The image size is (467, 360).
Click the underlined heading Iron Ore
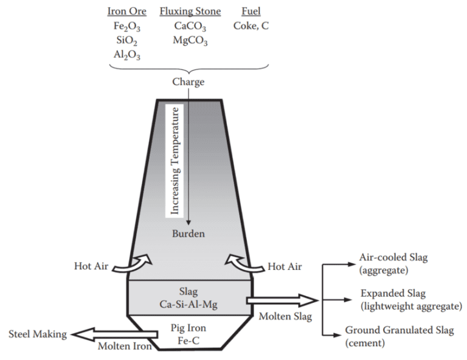tap(126, 12)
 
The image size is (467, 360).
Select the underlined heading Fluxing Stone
tap(190, 12)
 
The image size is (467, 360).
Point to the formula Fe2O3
tap(126, 26)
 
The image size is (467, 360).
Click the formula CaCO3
tap(190, 26)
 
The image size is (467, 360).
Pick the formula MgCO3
tap(190, 41)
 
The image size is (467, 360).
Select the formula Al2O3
tap(126, 55)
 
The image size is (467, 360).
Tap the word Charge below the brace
tap(188, 82)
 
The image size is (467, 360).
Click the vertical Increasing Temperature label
tap(176, 161)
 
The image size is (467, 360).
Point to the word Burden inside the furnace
tap(188, 234)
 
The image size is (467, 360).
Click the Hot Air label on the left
tap(92, 266)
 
